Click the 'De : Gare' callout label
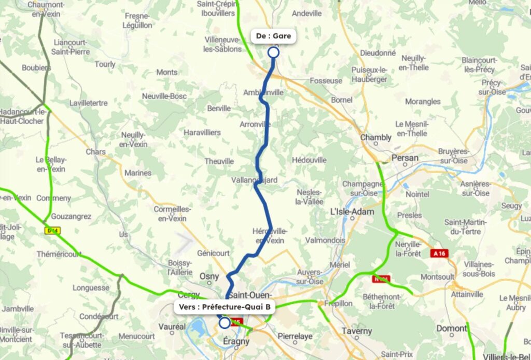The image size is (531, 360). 273,36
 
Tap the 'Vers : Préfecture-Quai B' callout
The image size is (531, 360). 225,307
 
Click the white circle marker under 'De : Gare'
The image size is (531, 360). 273,52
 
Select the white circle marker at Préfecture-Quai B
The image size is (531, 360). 224,323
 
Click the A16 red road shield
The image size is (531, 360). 438,253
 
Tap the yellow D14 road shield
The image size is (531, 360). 52,230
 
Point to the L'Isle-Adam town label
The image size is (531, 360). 352,212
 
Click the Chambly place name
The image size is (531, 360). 376,137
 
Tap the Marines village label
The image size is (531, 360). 138,173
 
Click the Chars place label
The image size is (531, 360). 96,152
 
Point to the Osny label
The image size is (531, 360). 209,276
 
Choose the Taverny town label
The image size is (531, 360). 357,330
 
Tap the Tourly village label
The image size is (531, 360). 105,64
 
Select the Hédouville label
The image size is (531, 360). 309,160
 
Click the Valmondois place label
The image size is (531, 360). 325,241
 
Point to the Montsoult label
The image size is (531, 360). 437,277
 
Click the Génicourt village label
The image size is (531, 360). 213,253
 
